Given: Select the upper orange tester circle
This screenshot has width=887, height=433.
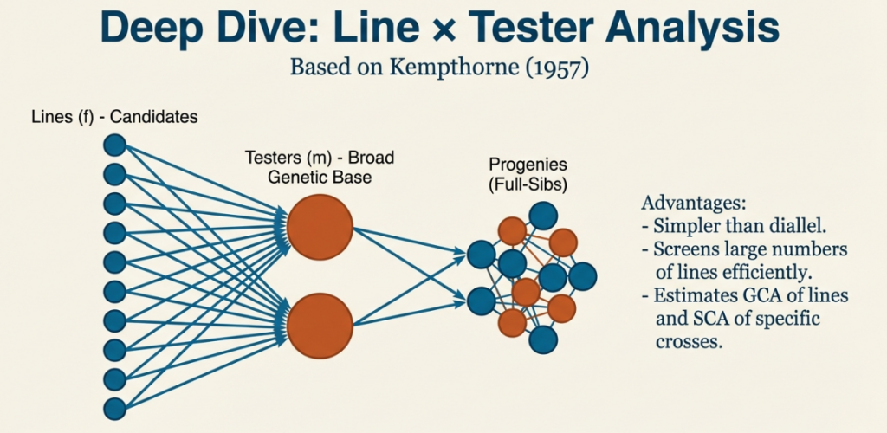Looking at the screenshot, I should pos(320,227).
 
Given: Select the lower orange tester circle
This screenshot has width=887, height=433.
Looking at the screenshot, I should pos(320,326).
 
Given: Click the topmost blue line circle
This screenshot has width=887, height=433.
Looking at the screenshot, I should pos(114,145).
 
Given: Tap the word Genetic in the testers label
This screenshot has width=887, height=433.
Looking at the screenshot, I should pos(298,178).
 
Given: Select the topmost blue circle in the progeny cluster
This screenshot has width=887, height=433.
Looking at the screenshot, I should pos(543,215).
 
